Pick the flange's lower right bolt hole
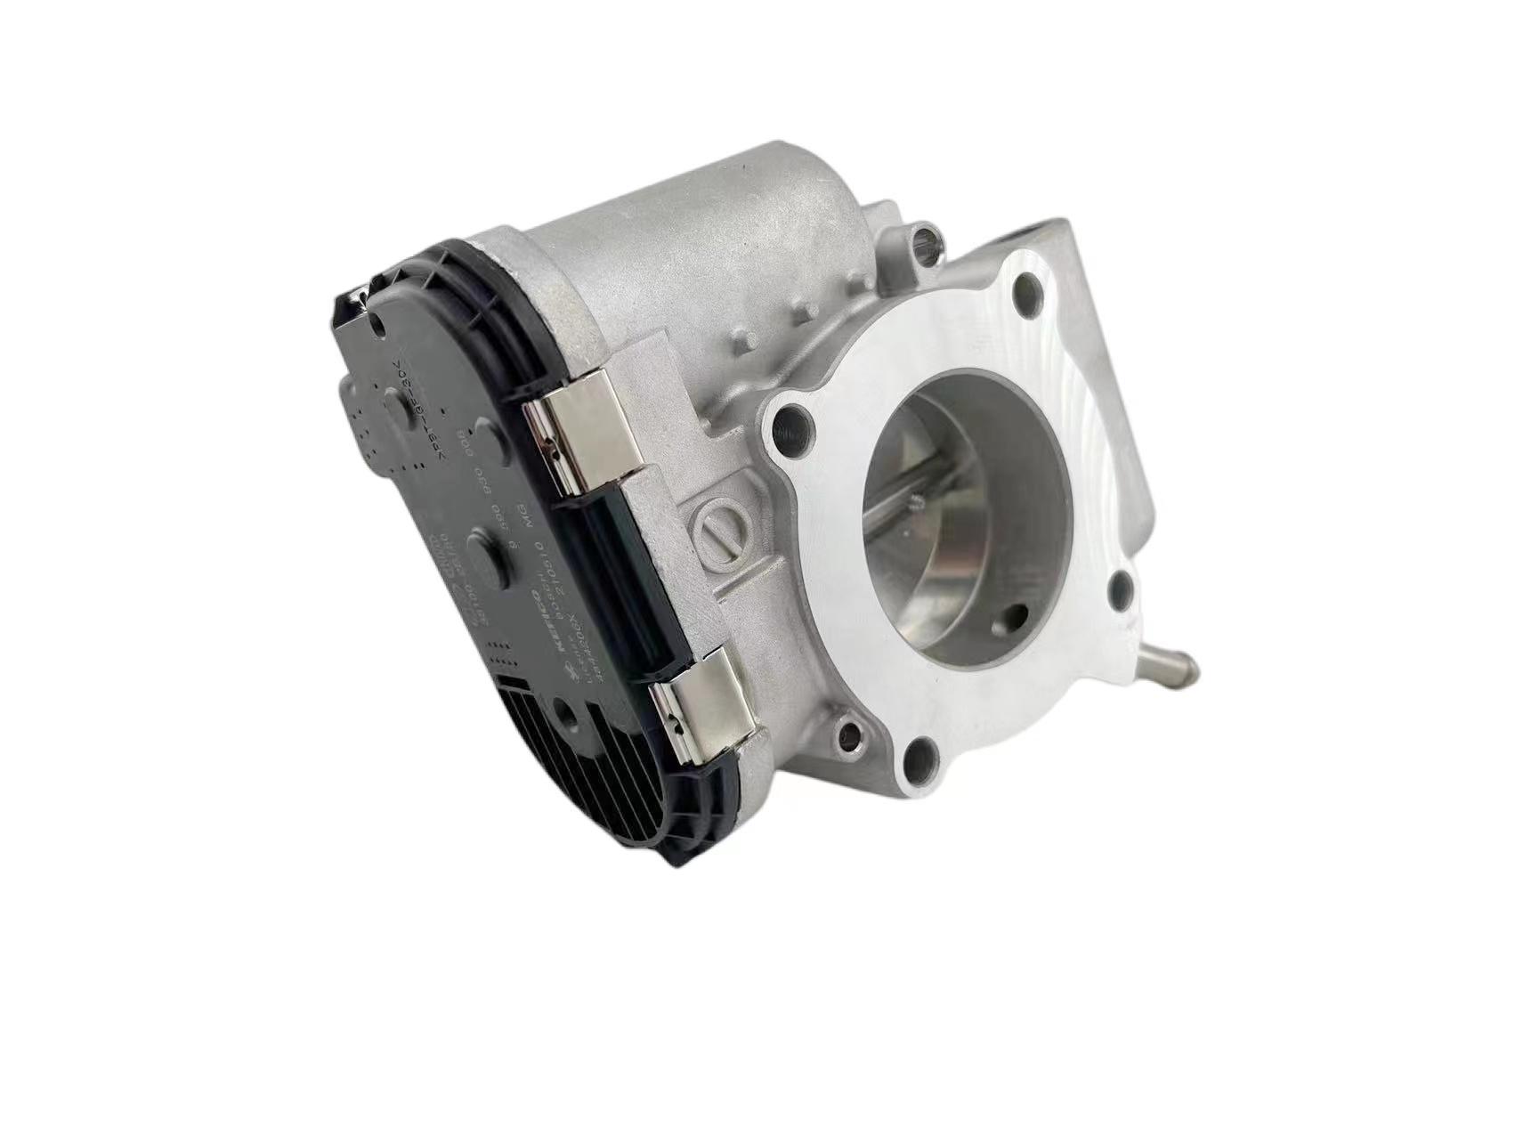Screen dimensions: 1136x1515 (1122, 590)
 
